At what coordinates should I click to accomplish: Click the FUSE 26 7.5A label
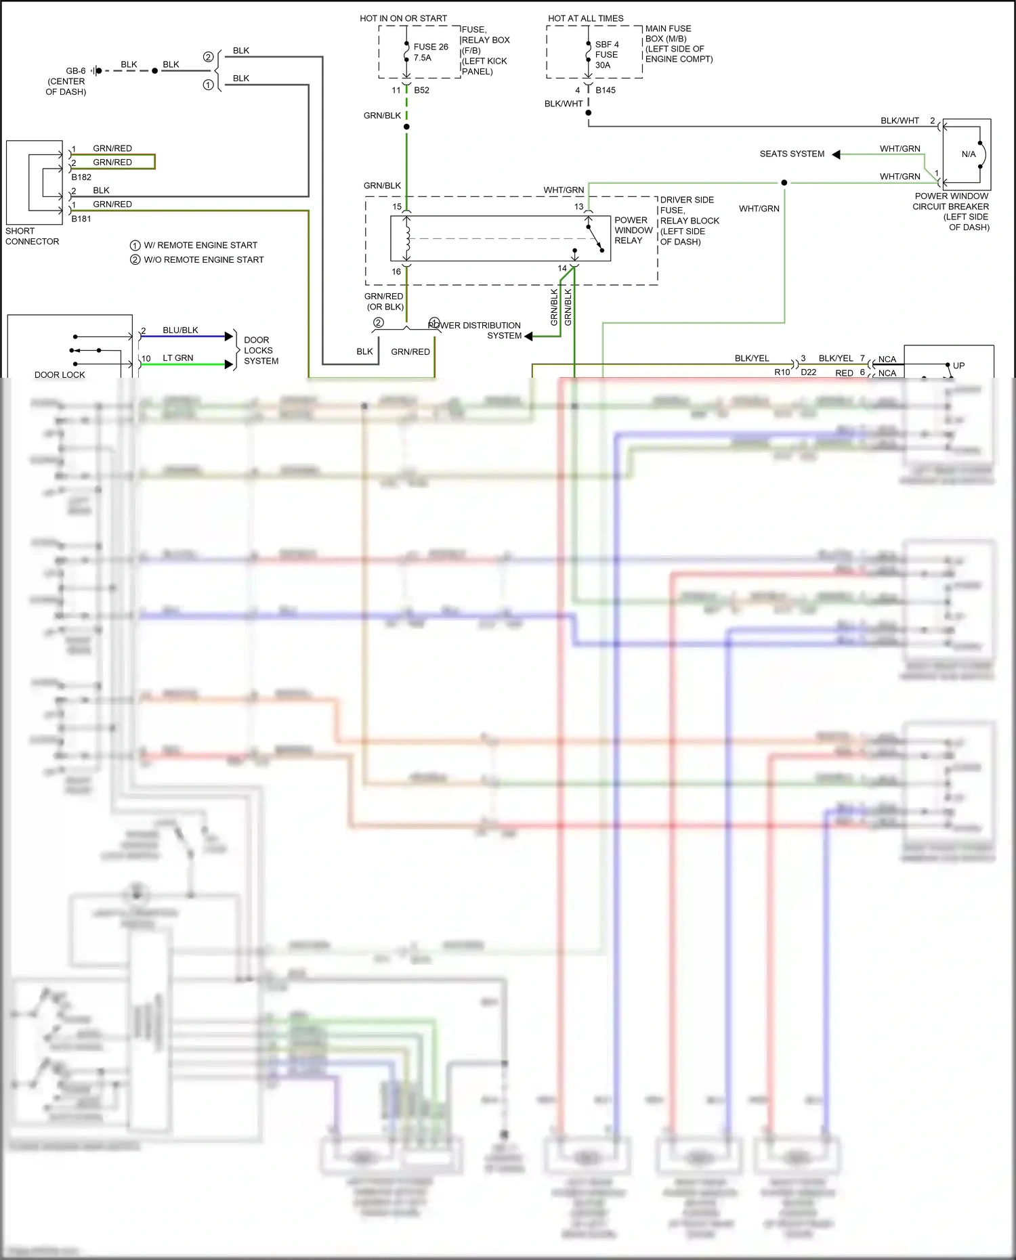point(430,52)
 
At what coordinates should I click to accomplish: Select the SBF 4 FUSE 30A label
point(606,55)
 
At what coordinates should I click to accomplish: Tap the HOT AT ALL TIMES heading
point(585,18)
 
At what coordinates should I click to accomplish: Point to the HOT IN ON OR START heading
point(403,18)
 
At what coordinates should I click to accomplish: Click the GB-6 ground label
point(75,71)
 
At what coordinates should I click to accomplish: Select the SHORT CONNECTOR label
point(32,236)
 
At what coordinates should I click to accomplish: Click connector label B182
point(81,177)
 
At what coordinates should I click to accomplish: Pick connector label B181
point(81,219)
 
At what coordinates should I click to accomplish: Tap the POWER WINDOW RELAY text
point(633,230)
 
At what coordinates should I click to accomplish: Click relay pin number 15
point(397,207)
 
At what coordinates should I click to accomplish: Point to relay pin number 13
point(578,207)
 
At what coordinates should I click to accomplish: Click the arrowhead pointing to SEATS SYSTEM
point(837,154)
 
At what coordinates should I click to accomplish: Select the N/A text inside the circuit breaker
point(969,154)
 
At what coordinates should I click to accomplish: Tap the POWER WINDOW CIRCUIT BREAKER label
point(951,211)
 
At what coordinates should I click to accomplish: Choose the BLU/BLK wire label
point(180,330)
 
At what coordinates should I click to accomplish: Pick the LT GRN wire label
point(177,358)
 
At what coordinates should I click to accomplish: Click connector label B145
point(606,90)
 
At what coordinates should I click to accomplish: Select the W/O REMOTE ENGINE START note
point(203,260)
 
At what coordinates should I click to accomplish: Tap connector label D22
point(808,372)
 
